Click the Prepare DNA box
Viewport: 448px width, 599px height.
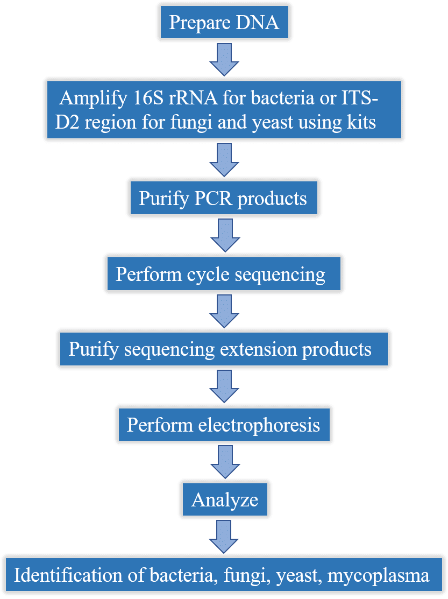point(224,22)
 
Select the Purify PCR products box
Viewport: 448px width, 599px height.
point(224,198)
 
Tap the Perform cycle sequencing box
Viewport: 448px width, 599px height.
point(224,273)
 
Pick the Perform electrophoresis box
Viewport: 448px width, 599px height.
point(224,425)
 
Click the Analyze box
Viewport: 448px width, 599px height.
point(225,499)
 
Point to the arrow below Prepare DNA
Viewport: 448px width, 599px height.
point(224,60)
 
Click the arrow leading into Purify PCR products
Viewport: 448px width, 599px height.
point(224,160)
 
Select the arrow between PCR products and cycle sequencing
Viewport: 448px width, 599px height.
point(225,235)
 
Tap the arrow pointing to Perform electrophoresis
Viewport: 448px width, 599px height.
point(224,386)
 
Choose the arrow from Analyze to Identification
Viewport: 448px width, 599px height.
point(224,537)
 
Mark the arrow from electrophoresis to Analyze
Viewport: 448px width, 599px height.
point(225,462)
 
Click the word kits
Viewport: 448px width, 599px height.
point(361,122)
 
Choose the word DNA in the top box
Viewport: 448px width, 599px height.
point(258,22)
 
